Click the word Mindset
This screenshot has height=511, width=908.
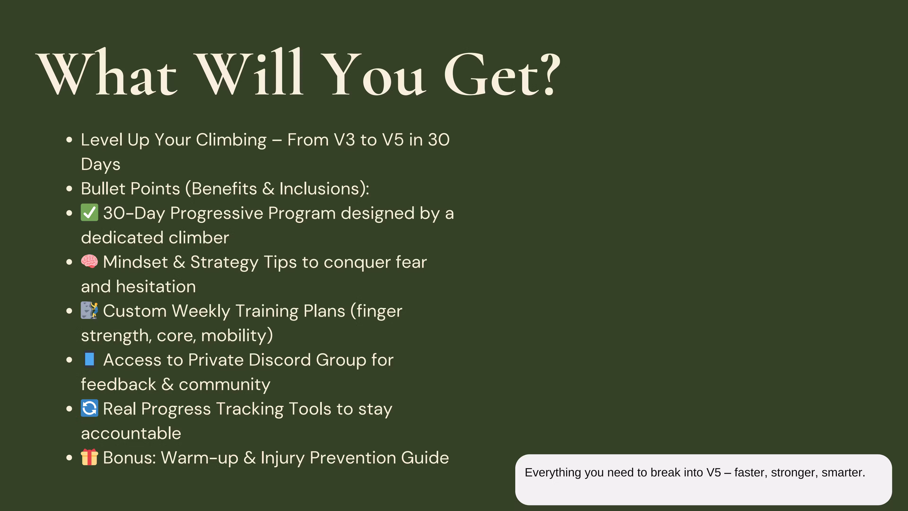135,262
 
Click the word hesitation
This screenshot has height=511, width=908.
156,286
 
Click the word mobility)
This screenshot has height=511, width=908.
237,335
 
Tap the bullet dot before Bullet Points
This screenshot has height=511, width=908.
69,189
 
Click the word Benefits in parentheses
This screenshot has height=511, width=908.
224,189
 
